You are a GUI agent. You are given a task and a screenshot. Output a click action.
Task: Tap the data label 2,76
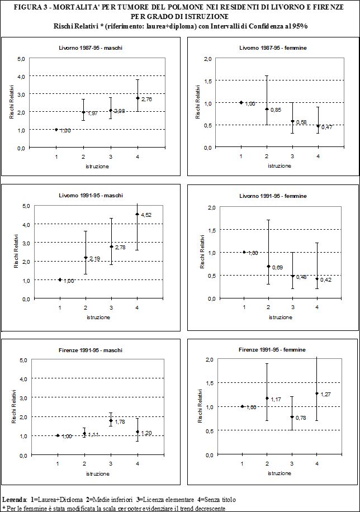147,99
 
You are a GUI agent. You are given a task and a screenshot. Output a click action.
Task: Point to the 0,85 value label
276,110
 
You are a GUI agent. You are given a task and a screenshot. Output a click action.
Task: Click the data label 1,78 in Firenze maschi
120,422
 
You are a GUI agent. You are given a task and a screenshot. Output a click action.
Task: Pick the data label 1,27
326,395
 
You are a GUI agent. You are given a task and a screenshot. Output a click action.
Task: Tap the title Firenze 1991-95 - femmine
278,350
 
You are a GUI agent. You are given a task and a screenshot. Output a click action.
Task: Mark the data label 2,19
94,259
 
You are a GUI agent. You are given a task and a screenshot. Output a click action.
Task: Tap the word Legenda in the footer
15,499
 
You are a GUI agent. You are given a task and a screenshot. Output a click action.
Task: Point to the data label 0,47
327,127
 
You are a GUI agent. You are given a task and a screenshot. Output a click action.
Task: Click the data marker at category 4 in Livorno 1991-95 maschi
137,214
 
